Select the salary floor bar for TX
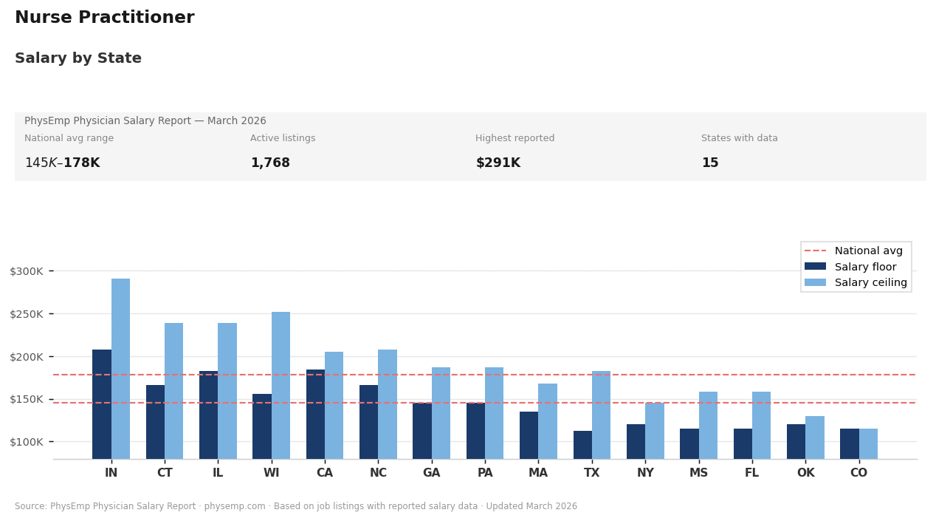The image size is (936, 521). click(x=582, y=445)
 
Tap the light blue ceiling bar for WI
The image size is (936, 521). click(x=281, y=385)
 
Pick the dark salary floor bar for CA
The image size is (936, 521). click(x=315, y=414)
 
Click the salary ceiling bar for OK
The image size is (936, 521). click(x=814, y=437)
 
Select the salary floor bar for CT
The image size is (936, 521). click(x=155, y=421)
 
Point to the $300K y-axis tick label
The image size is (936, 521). click(x=27, y=271)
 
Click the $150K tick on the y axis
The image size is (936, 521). click(x=27, y=399)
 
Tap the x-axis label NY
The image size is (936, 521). click(x=645, y=473)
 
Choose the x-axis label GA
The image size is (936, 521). click(x=431, y=473)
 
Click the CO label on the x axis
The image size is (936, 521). click(x=858, y=473)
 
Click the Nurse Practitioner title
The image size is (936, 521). click(x=105, y=18)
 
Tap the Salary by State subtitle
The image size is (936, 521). click(x=78, y=58)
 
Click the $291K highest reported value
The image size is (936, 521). click(x=498, y=163)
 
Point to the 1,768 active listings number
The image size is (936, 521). click(x=270, y=163)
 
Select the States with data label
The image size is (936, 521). click(x=739, y=138)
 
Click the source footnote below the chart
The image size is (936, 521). click(x=296, y=506)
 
